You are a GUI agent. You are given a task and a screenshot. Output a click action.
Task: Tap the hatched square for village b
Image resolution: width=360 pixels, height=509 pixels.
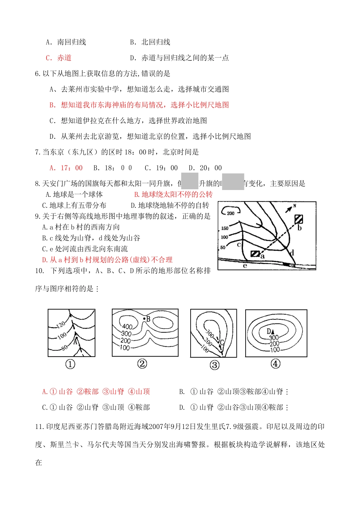[x=299, y=219]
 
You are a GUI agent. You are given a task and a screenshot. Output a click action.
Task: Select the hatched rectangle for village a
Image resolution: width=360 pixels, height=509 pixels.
[x=255, y=254]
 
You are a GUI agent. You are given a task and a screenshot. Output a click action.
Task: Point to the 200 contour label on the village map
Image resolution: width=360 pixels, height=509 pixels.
[x=231, y=213]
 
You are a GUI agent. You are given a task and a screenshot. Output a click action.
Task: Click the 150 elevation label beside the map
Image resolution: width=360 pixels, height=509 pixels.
[x=225, y=228]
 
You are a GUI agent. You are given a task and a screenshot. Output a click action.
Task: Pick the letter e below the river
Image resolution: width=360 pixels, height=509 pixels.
[x=245, y=265]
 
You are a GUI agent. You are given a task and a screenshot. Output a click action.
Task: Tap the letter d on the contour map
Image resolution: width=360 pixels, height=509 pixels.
[x=292, y=253]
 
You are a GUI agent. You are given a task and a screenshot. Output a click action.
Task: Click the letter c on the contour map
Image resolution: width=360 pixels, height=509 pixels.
[x=239, y=245]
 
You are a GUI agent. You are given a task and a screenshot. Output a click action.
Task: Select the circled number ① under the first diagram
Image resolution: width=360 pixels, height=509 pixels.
[x=70, y=364]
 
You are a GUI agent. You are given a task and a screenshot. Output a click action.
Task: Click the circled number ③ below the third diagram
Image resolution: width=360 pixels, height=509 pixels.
[x=214, y=365]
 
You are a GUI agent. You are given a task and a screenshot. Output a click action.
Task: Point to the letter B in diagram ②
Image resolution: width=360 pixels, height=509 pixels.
[x=148, y=319]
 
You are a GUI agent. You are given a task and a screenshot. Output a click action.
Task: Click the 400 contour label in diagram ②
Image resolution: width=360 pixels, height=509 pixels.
[x=127, y=326]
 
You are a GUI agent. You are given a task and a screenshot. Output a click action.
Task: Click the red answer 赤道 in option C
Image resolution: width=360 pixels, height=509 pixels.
[x=64, y=58]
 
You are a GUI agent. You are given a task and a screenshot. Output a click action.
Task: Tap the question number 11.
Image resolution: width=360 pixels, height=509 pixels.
[x=39, y=427]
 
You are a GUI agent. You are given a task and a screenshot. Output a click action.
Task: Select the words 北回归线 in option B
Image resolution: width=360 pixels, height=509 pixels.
[x=156, y=42]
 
